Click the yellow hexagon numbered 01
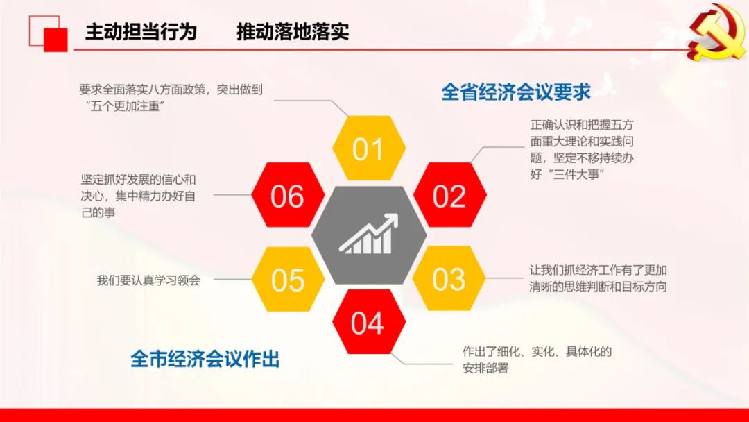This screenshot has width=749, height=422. pos(369,148)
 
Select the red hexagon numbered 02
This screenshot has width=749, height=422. pos(449,195)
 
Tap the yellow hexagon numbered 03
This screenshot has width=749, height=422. pos(449,278)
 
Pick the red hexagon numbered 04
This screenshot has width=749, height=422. pos(369,321)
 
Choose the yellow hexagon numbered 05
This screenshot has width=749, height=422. pos(288,280)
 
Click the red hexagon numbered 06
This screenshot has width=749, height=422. pos(288,195)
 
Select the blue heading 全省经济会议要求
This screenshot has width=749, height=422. pos(516,92)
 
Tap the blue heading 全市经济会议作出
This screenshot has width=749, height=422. pos(205,359)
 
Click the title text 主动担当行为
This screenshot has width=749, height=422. pos(141,31)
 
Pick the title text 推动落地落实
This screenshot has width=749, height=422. pos(293,31)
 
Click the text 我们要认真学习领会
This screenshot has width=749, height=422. pos(148,280)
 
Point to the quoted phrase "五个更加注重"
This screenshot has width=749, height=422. pos(123,105)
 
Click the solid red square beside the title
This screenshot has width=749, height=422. pos(56,40)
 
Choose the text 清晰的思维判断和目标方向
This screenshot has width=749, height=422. pos(598,286)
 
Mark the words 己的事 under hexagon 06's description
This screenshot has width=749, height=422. pos(98,212)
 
